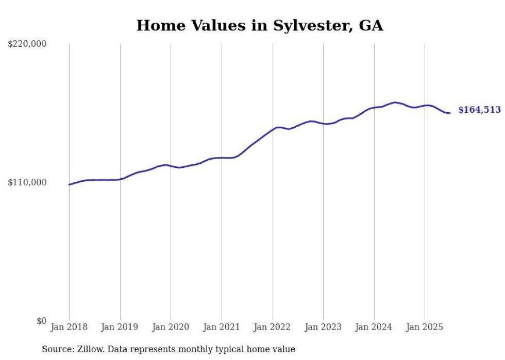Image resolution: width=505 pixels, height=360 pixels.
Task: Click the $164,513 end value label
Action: [479, 110]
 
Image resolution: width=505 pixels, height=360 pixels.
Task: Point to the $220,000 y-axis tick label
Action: [27, 44]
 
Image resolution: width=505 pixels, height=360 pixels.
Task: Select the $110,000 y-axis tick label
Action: [27, 182]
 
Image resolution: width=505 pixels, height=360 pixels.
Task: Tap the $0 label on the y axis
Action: [41, 321]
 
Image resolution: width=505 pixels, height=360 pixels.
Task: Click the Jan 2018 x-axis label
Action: [69, 327]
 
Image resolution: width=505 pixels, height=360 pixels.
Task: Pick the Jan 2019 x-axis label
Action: [120, 327]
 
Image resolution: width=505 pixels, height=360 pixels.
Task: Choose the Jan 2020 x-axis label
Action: [171, 327]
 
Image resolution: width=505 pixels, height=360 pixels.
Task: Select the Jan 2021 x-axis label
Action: [222, 327]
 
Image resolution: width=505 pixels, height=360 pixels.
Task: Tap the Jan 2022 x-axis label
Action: [273, 327]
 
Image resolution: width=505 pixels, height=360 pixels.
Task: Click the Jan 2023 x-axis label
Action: [323, 327]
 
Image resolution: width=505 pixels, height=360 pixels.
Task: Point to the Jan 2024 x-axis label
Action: [374, 327]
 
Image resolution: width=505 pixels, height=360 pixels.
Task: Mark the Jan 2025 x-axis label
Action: [425, 327]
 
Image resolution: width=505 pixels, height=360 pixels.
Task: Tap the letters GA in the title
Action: [372, 26]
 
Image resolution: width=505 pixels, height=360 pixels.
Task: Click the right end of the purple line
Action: [450, 113]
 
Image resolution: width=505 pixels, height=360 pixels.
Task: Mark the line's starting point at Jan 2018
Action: [69, 184]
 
